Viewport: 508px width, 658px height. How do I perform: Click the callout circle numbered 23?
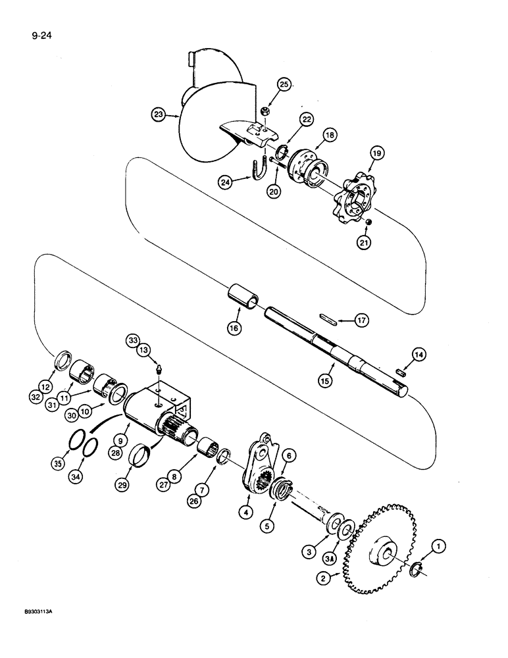click(157, 114)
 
